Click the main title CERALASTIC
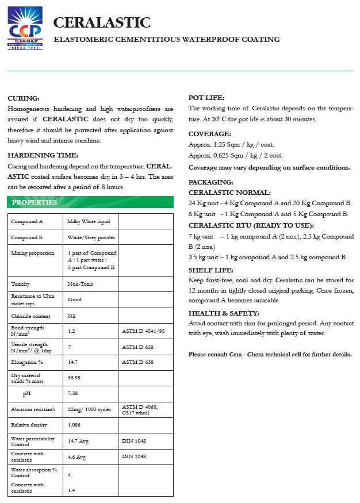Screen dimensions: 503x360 pyautogui.click(x=102, y=22)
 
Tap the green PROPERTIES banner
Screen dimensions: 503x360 pyautogui.click(x=35, y=202)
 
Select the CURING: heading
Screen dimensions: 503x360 pyautogui.click(x=23, y=98)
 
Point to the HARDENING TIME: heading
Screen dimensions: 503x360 pyautogui.click(x=43, y=155)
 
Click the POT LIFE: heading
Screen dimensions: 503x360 pyautogui.click(x=206, y=98)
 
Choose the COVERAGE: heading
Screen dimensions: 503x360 pyautogui.click(x=209, y=133)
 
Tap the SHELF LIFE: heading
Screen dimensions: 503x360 pyautogui.click(x=211, y=270)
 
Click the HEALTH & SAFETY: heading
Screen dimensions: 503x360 pyautogui.click(x=224, y=313)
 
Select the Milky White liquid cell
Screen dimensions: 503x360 pyautogui.click(x=85, y=221)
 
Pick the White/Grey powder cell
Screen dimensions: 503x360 pyautogui.click(x=91, y=237)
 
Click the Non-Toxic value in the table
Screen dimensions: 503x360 pyautogui.click(x=81, y=284)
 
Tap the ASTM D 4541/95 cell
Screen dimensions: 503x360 pyautogui.click(x=143, y=331)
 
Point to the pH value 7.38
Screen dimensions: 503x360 pyautogui.click(x=72, y=393)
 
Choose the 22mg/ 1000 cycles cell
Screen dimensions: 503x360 pyautogui.click(x=89, y=409)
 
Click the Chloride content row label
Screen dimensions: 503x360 pyautogui.click(x=30, y=316)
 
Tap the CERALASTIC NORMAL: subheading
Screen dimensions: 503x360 pyautogui.click(x=229, y=193)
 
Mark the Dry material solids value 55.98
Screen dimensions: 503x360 pyautogui.click(x=75, y=378)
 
